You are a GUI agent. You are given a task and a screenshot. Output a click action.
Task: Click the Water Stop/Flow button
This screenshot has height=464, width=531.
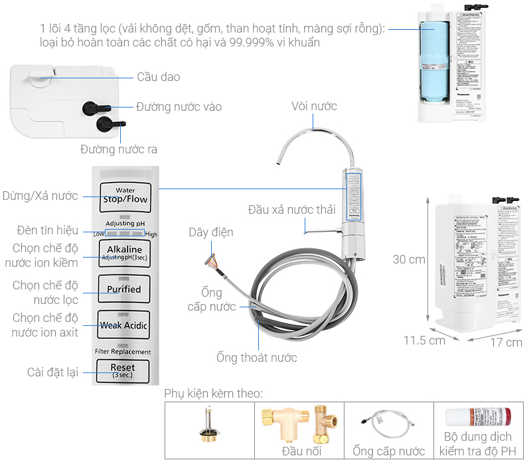pyautogui.click(x=125, y=195)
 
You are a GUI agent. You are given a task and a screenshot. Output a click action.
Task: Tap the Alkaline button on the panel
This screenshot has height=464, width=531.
pyautogui.click(x=125, y=253)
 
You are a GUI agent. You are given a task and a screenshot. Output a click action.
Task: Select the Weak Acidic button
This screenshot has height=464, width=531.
pyautogui.click(x=125, y=325)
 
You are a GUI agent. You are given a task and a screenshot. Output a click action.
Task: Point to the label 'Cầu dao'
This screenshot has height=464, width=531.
pyautogui.click(x=159, y=77)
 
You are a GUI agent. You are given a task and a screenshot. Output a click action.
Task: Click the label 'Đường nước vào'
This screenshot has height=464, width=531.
pyautogui.click(x=179, y=106)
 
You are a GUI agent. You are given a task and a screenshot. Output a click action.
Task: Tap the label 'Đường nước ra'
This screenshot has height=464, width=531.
pyautogui.click(x=119, y=149)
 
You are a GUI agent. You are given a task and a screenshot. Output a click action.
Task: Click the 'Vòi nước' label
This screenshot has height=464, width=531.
pyautogui.click(x=314, y=106)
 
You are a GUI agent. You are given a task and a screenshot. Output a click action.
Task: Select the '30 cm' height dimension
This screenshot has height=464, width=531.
pyautogui.click(x=409, y=259)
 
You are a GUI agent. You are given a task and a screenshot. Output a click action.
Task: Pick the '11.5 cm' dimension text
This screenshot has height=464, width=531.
pyautogui.click(x=424, y=341)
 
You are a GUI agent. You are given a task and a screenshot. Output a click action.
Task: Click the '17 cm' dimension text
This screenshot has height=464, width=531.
pyautogui.click(x=505, y=342)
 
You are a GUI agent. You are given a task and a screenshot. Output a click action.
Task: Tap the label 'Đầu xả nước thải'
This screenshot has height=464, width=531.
pyautogui.click(x=292, y=210)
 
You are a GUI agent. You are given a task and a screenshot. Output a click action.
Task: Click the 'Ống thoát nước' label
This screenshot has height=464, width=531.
pyautogui.click(x=257, y=358)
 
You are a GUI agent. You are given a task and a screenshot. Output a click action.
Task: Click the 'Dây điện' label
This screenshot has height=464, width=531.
pyautogui.click(x=210, y=232)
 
